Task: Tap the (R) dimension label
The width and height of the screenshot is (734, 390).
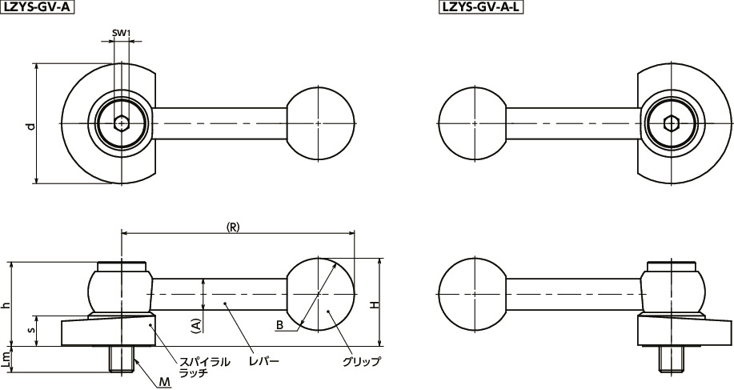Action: tap(234, 227)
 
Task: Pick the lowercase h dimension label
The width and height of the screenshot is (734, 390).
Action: tap(6, 304)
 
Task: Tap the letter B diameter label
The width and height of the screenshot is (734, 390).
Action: tap(279, 325)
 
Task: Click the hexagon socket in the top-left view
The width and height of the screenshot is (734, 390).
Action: tap(121, 123)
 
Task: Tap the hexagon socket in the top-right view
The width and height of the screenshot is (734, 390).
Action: tap(672, 123)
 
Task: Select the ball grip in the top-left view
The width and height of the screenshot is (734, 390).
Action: tap(319, 123)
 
